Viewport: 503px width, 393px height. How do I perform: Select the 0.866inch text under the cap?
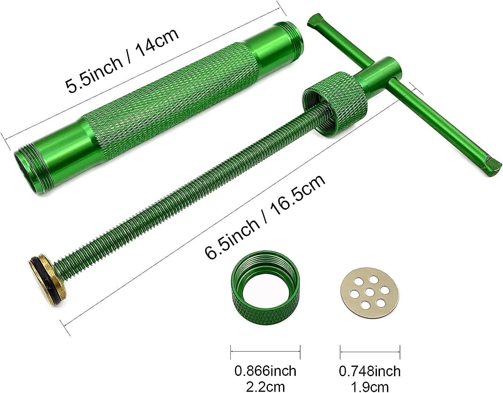265,371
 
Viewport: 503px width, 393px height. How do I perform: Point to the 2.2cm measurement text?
265,386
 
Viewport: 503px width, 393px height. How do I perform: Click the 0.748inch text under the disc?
370,371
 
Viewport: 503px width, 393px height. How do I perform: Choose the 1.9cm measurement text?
370,386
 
